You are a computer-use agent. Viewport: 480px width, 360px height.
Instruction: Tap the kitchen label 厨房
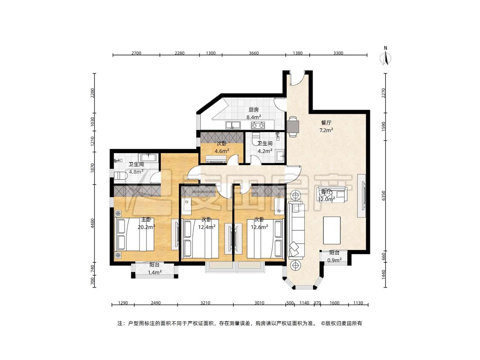pyautogui.click(x=253, y=110)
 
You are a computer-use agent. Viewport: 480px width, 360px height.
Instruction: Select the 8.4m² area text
pyautogui.click(x=254, y=117)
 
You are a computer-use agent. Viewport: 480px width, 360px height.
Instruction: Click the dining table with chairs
pyautogui.click(x=293, y=126)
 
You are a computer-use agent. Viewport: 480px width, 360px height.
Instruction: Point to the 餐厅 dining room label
pyautogui.click(x=326, y=123)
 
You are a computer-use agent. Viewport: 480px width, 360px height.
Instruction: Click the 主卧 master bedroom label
pyautogui.click(x=146, y=220)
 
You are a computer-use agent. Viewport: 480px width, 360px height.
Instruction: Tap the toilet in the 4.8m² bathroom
pyautogui.click(x=120, y=176)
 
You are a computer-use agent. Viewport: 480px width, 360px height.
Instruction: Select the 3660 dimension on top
pyautogui.click(x=253, y=53)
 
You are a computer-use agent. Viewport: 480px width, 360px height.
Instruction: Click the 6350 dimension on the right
pyautogui.click(x=384, y=196)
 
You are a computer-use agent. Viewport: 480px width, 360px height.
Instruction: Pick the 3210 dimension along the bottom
pyautogui.click(x=205, y=303)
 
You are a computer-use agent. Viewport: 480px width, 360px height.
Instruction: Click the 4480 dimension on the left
pyautogui.click(x=92, y=223)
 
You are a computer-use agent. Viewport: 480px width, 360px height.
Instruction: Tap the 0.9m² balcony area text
pyautogui.click(x=334, y=260)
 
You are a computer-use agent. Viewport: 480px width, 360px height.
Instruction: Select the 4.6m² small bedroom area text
pyautogui.click(x=222, y=151)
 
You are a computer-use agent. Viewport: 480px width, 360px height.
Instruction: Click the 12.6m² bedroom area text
pyautogui.click(x=259, y=227)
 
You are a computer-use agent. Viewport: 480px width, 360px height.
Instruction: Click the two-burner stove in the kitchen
pyautogui.click(x=257, y=125)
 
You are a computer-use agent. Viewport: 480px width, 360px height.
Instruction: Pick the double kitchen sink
pyautogui.click(x=233, y=125)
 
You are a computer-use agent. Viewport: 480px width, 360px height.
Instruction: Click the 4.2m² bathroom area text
pyautogui.click(x=265, y=151)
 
